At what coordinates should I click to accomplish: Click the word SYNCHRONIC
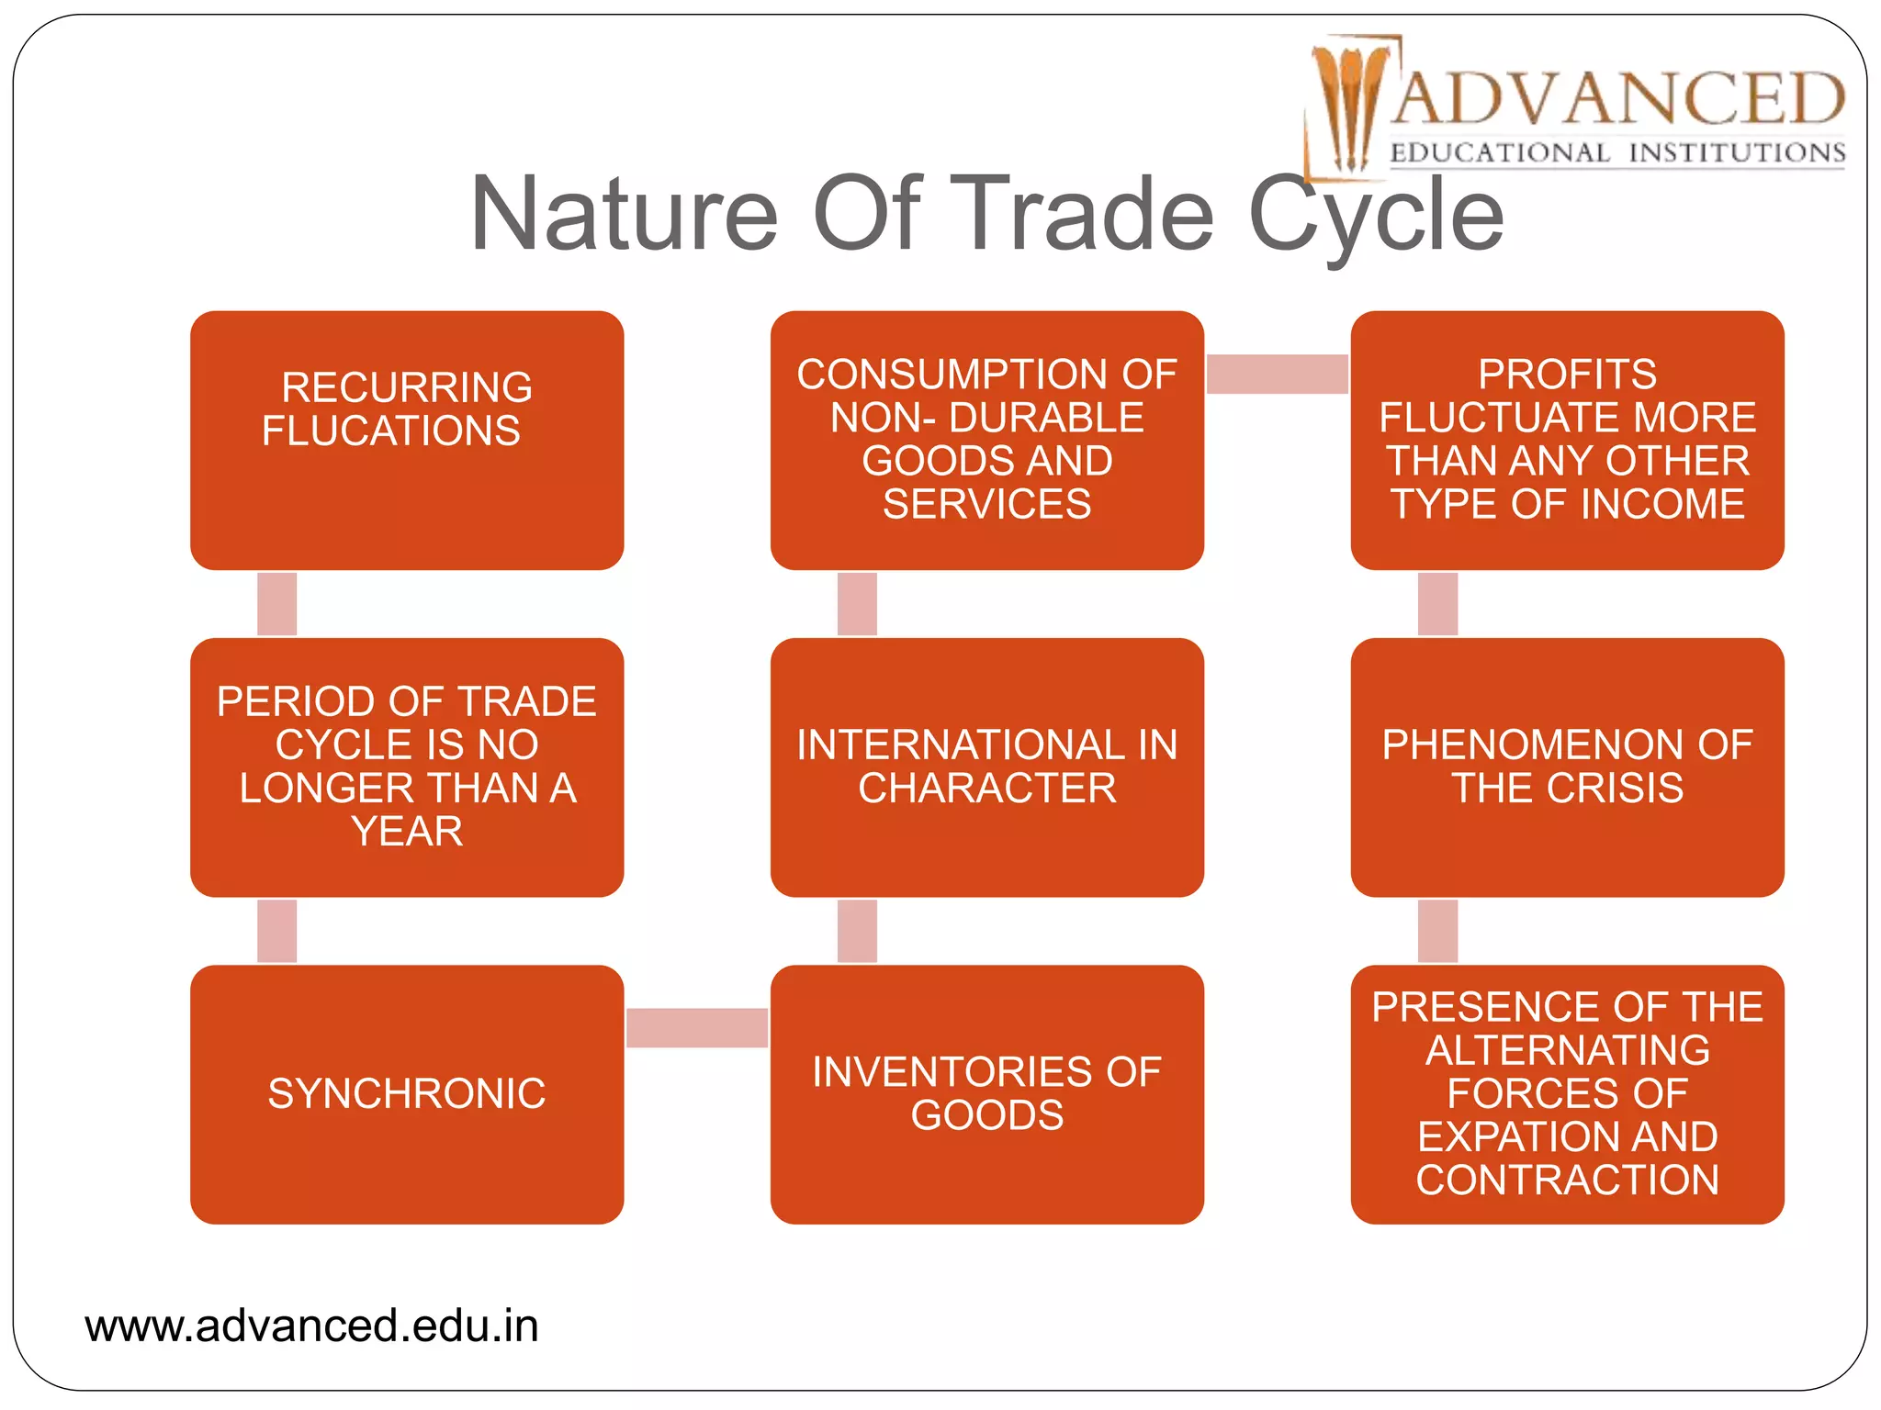[407, 1093]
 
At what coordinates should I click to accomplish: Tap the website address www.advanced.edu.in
[311, 1326]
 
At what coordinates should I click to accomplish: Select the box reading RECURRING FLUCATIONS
[407, 441]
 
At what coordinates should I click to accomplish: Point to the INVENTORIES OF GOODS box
[986, 1094]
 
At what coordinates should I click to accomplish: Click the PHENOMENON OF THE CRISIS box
[1567, 767]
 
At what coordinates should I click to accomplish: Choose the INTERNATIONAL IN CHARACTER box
[986, 767]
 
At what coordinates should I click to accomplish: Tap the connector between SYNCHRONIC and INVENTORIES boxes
[697, 1027]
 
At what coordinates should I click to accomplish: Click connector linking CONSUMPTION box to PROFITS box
[1277, 374]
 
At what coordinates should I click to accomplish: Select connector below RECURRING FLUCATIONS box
[276, 604]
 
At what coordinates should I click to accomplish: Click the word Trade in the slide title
[1081, 214]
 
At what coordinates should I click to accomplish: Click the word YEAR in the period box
[407, 831]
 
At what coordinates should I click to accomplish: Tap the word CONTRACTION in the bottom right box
[1567, 1180]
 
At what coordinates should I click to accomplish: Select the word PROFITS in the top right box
[1567, 374]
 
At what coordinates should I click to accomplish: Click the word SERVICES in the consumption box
[986, 504]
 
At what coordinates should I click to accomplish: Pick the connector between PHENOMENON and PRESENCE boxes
[1437, 931]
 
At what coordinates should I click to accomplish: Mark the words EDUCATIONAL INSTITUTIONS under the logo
[1617, 152]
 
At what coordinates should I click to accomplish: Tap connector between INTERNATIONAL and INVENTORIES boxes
[857, 931]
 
